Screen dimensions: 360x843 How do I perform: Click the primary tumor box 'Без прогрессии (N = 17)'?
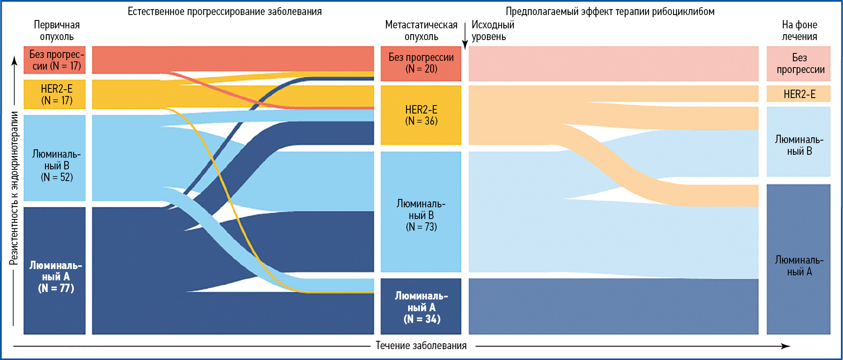55,60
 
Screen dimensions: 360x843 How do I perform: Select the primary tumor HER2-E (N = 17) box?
55,94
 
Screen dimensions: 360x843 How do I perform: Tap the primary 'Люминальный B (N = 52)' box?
55,158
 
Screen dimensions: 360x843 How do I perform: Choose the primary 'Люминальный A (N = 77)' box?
55,270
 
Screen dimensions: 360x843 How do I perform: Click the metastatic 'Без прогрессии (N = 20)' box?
421,63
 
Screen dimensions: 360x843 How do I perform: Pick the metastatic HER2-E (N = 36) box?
421,115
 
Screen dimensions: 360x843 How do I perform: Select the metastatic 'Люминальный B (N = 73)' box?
421,212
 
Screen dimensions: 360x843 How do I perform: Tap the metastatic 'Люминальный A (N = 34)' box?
421,306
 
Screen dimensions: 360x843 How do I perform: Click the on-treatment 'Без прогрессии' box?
798,63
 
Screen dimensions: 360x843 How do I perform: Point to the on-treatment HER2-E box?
798,94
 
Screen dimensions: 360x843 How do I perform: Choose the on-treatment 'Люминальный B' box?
798,142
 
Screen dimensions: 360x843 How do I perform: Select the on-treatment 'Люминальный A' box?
798,259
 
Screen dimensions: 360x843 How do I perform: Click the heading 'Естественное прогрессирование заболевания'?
225,11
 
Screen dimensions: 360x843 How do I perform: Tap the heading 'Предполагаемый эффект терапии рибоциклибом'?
610,11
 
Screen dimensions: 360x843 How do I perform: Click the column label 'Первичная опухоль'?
57,30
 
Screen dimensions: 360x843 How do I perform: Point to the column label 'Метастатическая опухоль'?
421,30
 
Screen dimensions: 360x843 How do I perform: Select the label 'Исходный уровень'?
492,30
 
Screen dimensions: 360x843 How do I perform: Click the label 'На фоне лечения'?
799,30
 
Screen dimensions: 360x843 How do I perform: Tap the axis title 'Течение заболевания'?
421,345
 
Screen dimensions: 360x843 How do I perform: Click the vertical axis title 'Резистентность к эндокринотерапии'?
14,188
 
